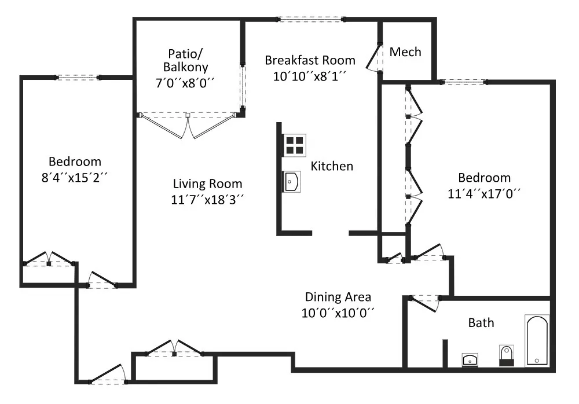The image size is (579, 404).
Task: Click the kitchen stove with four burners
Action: [x=295, y=145]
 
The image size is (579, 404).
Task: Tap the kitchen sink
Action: [x=292, y=182]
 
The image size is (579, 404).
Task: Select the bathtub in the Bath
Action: [x=537, y=341]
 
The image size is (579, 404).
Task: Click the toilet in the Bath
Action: [x=506, y=355]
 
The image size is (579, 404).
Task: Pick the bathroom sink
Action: [x=470, y=359]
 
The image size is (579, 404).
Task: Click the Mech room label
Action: [x=405, y=52]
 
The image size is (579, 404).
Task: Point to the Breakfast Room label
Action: [x=310, y=60]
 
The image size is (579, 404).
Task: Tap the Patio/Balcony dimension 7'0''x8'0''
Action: [x=185, y=83]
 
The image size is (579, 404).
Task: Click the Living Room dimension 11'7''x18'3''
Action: [x=207, y=200]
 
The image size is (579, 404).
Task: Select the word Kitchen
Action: [x=332, y=166]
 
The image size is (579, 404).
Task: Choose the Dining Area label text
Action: [x=338, y=297]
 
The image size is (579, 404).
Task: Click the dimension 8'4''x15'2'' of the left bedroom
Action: [x=75, y=178]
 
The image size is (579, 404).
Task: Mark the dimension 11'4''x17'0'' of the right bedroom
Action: [x=484, y=193]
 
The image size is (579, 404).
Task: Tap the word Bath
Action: [x=481, y=323]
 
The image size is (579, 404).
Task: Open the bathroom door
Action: [x=424, y=303]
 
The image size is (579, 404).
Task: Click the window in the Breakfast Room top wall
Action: [x=310, y=19]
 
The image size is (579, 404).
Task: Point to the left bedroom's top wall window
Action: [x=78, y=78]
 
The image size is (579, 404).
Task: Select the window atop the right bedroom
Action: [x=463, y=82]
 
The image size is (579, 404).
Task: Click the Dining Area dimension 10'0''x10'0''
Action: [x=338, y=313]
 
